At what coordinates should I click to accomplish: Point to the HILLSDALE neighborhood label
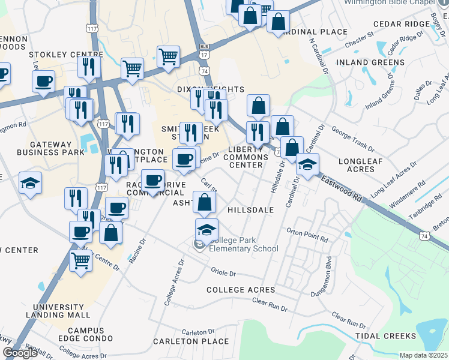(251, 210)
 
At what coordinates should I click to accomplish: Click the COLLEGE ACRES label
(241, 290)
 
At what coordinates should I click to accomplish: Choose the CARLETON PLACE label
(182, 341)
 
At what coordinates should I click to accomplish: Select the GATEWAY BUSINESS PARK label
(50, 148)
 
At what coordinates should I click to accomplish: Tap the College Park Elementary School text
(243, 244)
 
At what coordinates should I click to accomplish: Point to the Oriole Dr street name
(223, 273)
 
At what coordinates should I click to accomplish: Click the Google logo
(20, 352)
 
